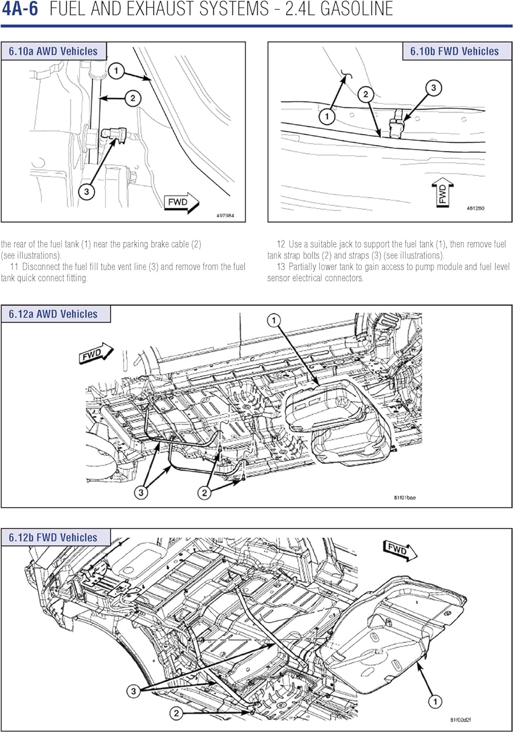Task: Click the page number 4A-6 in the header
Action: pyautogui.click(x=20, y=9)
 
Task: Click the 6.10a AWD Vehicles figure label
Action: pyautogui.click(x=53, y=51)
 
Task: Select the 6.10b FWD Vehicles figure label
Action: pyautogui.click(x=454, y=51)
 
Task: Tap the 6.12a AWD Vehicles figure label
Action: pyautogui.click(x=53, y=314)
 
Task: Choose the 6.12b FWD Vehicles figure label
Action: pyautogui.click(x=53, y=538)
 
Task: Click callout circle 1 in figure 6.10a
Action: pyautogui.click(x=116, y=71)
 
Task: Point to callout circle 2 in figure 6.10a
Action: pyautogui.click(x=132, y=98)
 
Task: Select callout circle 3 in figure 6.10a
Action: pyautogui.click(x=86, y=191)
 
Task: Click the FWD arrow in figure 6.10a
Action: pyautogui.click(x=181, y=202)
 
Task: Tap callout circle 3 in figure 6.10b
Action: pyautogui.click(x=433, y=88)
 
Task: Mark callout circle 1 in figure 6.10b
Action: pyautogui.click(x=327, y=116)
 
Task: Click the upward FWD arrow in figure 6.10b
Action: pyautogui.click(x=443, y=193)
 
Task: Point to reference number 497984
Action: pyautogui.click(x=225, y=216)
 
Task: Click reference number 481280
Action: pyautogui.click(x=475, y=208)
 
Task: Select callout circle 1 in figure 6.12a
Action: pyautogui.click(x=274, y=321)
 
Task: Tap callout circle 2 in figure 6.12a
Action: pyautogui.click(x=205, y=493)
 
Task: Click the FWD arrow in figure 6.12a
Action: pyautogui.click(x=96, y=354)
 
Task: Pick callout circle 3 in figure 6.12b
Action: pyautogui.click(x=133, y=691)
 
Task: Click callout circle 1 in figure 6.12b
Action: pyautogui.click(x=435, y=702)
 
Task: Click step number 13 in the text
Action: pyautogui.click(x=281, y=267)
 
